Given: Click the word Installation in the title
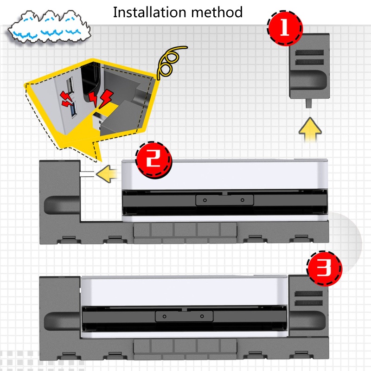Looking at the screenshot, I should tap(147, 12).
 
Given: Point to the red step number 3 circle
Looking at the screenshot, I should tap(325, 268).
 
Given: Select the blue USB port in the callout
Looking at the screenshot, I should tap(72, 98).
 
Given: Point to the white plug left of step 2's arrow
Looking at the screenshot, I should tap(86, 174).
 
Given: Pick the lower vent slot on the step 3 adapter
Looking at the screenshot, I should tap(307, 304).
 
